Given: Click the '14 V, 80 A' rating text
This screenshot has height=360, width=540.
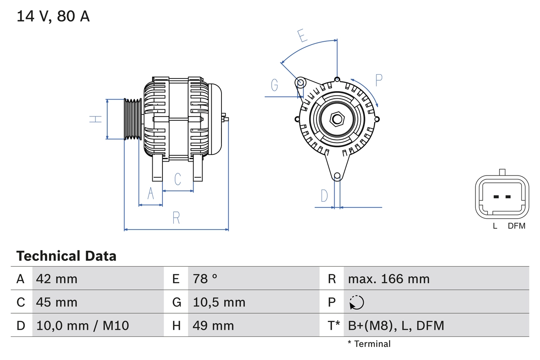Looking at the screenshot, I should coord(53,16).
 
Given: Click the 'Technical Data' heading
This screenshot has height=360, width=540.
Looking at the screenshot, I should coord(66,256).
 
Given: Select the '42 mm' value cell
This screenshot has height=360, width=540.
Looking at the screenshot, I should coord(57,279).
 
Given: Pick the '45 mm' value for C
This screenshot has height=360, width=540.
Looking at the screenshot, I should coord(57,302).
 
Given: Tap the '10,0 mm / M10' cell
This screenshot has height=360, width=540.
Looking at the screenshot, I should coord(83,325).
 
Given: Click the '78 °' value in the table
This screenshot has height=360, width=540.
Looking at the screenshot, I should coord(205,279).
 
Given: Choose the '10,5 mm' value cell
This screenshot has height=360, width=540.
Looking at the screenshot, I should coord(219,302).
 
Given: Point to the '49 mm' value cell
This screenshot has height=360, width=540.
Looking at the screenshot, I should coord(213,325).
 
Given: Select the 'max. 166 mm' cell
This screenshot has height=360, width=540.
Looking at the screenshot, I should coord(389,279).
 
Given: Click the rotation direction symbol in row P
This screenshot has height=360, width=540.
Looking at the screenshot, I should coord(356,302).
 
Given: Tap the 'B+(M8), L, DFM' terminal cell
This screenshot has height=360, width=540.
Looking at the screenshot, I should coord(396,325).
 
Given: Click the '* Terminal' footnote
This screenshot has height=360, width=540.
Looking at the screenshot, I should coord(369,344).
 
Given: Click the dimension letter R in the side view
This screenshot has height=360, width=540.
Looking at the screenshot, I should coord(176,218).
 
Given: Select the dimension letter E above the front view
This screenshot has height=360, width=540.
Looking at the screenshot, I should coord(302,36).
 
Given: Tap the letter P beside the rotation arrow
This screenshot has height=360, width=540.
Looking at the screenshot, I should coord(378,80).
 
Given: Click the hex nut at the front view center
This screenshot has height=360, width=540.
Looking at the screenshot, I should coord(336,119).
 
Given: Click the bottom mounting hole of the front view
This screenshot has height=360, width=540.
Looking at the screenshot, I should coord(337,176).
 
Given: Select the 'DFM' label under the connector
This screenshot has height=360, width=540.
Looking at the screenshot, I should coord(516,226).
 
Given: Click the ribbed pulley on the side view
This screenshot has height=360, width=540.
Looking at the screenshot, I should coord(132,119).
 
